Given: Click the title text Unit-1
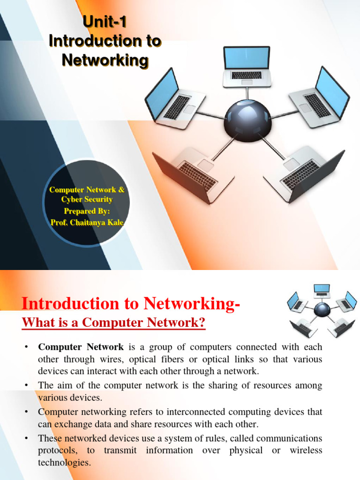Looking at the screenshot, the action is click(x=105, y=22).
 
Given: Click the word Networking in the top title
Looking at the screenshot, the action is click(x=105, y=60).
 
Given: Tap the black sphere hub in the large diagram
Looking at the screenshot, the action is click(x=247, y=118).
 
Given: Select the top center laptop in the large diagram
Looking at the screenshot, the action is click(x=246, y=67).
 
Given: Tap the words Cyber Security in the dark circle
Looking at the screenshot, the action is click(x=87, y=200).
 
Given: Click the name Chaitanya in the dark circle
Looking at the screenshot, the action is click(x=90, y=222).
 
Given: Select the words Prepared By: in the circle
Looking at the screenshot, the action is click(x=87, y=211).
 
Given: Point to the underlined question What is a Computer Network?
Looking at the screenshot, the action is click(x=114, y=323).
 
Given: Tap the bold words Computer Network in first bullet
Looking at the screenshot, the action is click(x=81, y=347).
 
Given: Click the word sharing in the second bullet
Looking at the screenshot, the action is click(x=219, y=386).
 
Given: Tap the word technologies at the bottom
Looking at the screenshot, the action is click(x=64, y=463).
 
